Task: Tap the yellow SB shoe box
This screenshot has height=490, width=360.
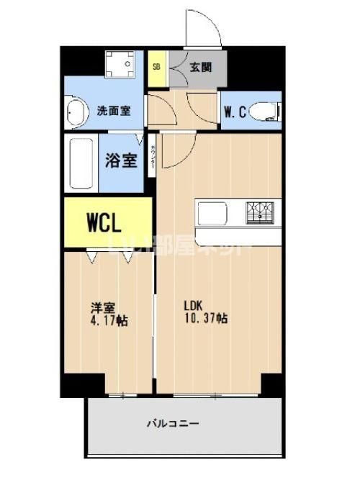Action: tap(156, 68)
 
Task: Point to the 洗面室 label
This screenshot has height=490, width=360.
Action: tap(114, 112)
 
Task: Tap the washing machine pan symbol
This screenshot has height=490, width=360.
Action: tap(119, 65)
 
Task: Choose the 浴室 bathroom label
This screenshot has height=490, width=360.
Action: tap(122, 160)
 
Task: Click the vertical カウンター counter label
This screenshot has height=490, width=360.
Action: tap(153, 158)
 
